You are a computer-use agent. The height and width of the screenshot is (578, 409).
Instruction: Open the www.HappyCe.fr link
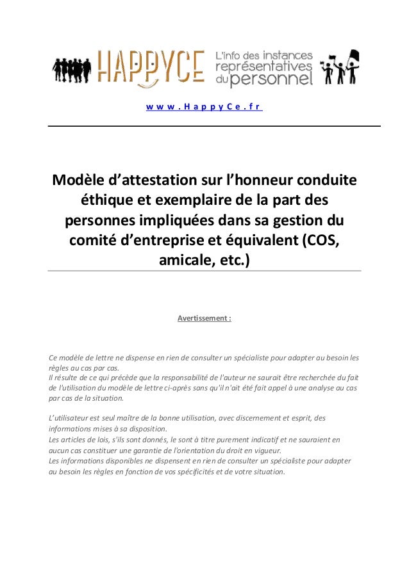[x=204, y=107]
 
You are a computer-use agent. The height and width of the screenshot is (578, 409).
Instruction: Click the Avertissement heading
[x=204, y=317]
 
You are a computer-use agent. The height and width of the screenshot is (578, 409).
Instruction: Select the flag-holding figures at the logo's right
[x=340, y=68]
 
